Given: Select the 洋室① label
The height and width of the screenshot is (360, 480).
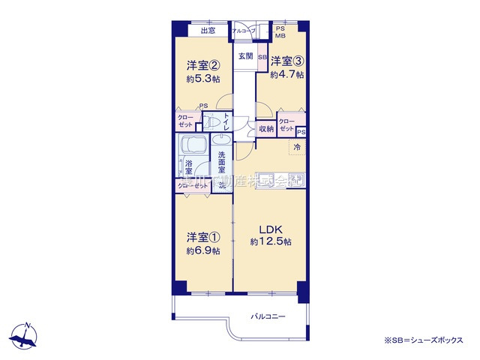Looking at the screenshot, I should pyautogui.click(x=203, y=238).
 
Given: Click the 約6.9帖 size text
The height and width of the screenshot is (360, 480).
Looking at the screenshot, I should pyautogui.click(x=203, y=250).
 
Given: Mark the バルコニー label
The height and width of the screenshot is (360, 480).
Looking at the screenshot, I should pyautogui.click(x=268, y=316).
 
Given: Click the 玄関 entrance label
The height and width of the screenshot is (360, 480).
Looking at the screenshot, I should pyautogui.click(x=245, y=56).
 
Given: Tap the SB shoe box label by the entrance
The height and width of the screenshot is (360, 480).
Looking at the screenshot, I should pyautogui.click(x=262, y=57).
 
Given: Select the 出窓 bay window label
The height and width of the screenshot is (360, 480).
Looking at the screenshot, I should pyautogui.click(x=208, y=31).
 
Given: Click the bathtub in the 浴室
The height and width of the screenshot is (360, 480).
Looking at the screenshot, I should pyautogui.click(x=193, y=147).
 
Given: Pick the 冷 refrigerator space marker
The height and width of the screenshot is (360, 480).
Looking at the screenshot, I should pyautogui.click(x=297, y=147).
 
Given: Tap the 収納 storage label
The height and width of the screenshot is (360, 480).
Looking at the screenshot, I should pyautogui.click(x=266, y=129).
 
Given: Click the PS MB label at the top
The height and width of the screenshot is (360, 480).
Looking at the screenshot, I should pyautogui.click(x=280, y=31).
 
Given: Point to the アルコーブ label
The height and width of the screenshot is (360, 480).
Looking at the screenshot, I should pyautogui.click(x=243, y=31).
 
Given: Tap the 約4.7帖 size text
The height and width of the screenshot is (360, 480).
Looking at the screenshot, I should pyautogui.click(x=287, y=74).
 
